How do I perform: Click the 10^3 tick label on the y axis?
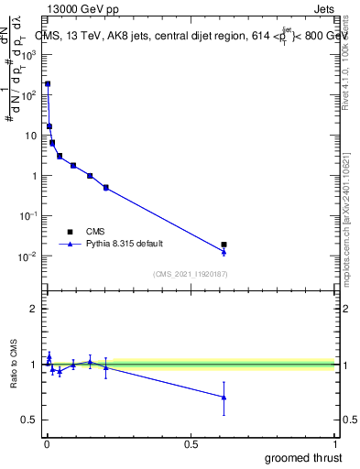[29, 54]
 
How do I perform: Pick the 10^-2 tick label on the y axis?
[29, 256]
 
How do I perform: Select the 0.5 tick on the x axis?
[191, 444]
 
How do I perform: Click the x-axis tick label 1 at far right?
[335, 444]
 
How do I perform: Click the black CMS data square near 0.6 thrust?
[224, 245]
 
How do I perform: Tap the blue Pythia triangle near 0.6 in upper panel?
[224, 251]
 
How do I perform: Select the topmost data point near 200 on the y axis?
[48, 83]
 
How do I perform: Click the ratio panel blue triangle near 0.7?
[224, 397]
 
